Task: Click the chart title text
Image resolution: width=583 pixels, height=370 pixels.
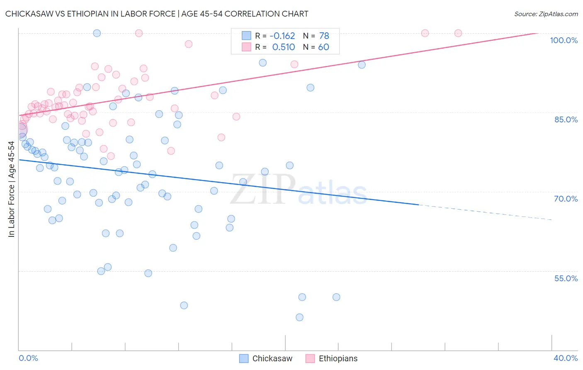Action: coord(157,14)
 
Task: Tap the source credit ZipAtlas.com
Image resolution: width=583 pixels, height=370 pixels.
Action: coord(546,14)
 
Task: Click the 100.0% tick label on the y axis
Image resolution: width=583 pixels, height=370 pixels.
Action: coord(564,40)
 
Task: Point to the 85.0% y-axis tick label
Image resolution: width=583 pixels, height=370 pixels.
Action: coord(566,119)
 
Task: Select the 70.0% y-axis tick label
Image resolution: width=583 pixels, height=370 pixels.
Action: coord(566,199)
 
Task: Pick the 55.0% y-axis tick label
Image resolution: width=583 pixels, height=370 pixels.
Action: coord(566,278)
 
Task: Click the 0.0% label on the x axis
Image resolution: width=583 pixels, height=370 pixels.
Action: coord(28,358)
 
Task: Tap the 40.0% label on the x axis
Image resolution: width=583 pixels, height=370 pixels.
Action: coord(566,358)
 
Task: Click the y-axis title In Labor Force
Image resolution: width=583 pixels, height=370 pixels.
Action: coord(11,189)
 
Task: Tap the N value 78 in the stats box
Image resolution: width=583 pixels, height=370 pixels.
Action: coord(324,36)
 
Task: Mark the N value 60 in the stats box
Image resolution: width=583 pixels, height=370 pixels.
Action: coord(323,47)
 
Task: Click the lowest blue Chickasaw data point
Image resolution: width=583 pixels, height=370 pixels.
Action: coord(299,317)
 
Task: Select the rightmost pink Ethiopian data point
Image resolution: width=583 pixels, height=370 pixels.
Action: coord(458,33)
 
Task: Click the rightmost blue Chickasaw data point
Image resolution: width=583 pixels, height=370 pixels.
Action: coord(362,65)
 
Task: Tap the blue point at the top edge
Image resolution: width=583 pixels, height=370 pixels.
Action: coord(97,33)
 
